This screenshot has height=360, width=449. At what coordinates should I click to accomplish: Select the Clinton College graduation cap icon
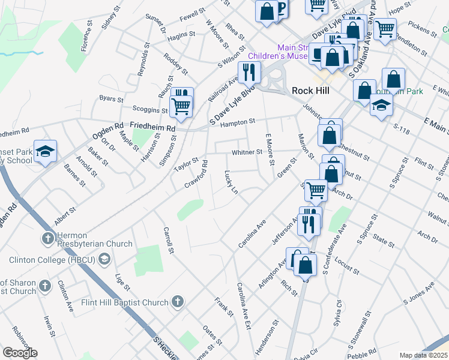point(104,259)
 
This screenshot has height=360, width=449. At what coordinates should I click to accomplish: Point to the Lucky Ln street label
point(232,182)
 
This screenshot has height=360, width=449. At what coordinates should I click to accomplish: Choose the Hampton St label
point(238,122)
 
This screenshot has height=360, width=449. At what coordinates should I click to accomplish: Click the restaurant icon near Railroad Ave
point(247,72)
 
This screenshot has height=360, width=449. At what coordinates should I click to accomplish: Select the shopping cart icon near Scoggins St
point(181,106)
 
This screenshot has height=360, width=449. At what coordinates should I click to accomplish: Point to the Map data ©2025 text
point(423,355)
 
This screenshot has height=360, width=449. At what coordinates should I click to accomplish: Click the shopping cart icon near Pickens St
point(385,27)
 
